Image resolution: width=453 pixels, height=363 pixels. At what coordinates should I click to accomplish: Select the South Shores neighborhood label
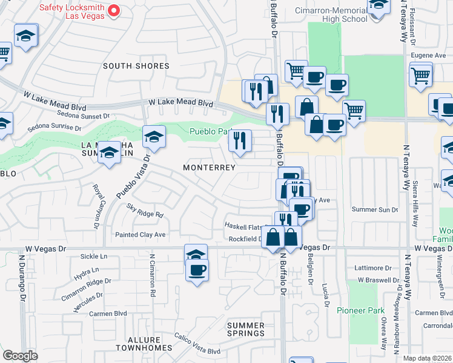coord(136,66)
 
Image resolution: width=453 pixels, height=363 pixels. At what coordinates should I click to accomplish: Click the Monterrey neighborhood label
coord(209,168)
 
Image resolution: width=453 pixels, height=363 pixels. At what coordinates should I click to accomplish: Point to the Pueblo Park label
coord(209,131)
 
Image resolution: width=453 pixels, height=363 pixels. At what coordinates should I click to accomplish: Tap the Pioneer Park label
coord(361,310)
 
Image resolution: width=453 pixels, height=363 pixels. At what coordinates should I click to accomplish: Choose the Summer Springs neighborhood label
coord(246,329)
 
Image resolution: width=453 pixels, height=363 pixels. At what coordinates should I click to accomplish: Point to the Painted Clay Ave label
coord(140,234)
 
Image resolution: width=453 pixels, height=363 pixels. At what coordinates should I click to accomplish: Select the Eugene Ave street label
coord(428,55)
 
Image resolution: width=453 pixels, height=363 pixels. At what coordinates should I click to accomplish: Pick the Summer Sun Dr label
coord(375,209)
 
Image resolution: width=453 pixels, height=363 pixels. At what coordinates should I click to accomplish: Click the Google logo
coord(20,356)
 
